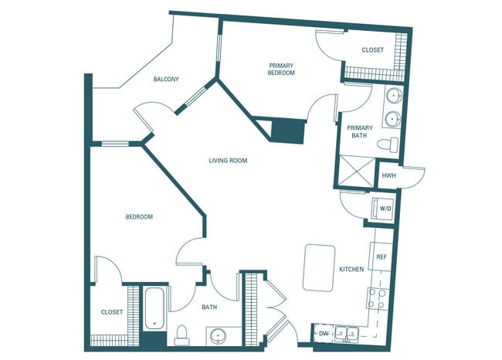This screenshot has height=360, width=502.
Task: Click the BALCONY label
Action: pos(166,80)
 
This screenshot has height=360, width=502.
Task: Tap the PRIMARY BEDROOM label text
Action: pos(282,70)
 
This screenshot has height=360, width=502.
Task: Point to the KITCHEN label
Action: pos(351,270)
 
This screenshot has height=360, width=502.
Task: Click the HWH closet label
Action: pos(388,177)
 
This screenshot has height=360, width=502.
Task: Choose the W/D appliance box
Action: pos(383,209)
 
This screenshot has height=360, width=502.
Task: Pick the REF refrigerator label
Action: pos(382,256)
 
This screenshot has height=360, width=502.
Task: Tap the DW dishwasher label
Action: pos(324,334)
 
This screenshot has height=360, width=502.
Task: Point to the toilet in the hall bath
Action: pos(182,335)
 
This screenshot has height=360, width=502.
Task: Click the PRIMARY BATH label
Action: pos(360,131)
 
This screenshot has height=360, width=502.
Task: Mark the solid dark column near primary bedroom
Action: pos(288,130)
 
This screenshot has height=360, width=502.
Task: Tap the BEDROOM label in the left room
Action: pos(139,217)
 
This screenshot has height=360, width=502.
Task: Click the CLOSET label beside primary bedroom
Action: pos(372,50)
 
